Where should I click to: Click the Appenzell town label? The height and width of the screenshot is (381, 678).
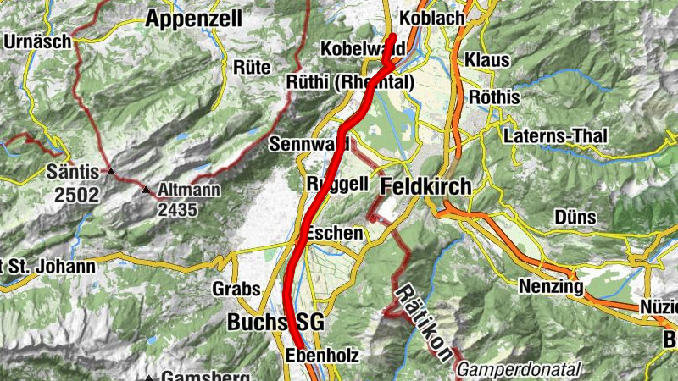[x=193, y=19]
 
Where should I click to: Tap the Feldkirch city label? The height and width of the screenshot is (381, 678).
[x=425, y=186]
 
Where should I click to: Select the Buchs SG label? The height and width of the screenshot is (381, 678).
[x=276, y=322]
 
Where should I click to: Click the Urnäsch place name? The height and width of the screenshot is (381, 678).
[x=33, y=41]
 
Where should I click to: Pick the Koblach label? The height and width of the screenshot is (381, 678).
[x=431, y=18]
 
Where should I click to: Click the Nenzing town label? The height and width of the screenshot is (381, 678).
[x=551, y=288]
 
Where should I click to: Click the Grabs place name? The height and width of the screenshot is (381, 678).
[x=236, y=289]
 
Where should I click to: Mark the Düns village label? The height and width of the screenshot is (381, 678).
[x=576, y=218]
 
